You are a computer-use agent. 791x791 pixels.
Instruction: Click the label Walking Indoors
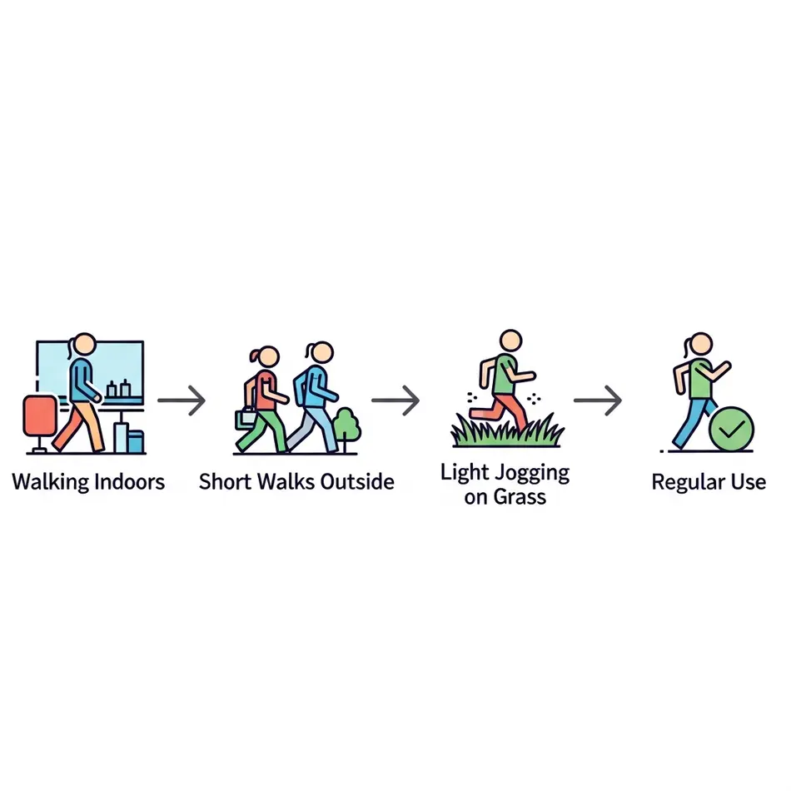click(x=88, y=481)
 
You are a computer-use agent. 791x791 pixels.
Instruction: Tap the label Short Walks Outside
click(x=296, y=481)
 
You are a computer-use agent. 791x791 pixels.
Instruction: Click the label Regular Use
click(x=708, y=482)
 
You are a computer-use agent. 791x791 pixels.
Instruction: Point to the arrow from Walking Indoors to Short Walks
click(x=182, y=400)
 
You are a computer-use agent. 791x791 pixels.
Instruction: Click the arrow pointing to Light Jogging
click(x=395, y=400)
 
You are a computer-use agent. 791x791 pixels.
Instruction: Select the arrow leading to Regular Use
click(x=598, y=400)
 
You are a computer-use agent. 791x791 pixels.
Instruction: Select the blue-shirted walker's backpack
click(x=300, y=386)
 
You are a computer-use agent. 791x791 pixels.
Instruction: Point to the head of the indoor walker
click(x=85, y=344)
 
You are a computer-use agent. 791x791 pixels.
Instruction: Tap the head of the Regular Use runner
click(x=701, y=344)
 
